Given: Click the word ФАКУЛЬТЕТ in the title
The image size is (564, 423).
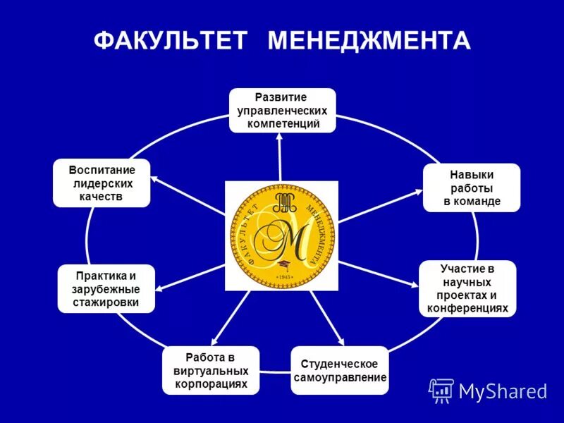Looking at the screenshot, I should [171, 40].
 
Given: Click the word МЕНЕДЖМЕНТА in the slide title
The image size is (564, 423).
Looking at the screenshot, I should [369, 40].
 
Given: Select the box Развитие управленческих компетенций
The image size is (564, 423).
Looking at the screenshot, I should [282, 110].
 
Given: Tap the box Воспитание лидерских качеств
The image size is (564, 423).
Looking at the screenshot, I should [102, 183].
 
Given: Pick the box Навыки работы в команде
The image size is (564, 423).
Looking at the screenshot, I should [472, 188].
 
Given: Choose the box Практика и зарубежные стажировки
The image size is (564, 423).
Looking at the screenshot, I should [106, 289].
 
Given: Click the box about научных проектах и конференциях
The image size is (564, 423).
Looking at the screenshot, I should [467, 288].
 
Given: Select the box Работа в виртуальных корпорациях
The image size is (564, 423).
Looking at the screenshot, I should [211, 370].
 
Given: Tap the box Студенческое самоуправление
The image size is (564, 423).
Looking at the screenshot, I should [339, 370].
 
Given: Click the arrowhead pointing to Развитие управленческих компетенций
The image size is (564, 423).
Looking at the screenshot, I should [279, 138].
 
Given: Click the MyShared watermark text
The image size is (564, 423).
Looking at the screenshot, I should [503, 390].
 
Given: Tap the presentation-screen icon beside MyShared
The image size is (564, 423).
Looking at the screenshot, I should [441, 390].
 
